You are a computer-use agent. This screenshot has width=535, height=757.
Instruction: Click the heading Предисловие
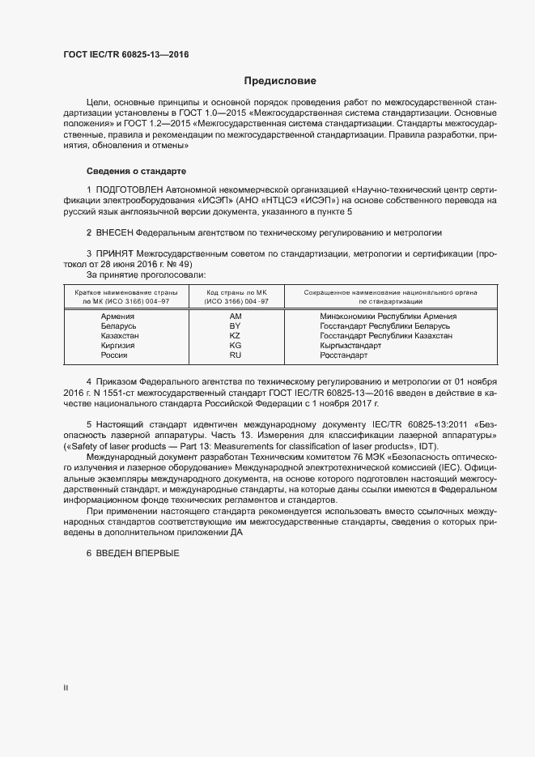point(281,81)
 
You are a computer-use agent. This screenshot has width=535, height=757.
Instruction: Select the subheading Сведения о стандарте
point(136,172)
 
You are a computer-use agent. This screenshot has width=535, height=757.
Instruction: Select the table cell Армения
point(117,317)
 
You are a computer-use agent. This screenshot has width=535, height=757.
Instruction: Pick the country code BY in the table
point(236,326)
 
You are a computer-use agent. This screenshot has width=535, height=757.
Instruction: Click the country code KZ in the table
point(236,336)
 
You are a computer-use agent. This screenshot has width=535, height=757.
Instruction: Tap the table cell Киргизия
point(117,346)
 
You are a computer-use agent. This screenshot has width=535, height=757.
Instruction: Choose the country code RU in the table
point(236,355)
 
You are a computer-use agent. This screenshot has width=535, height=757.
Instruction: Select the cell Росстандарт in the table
point(344,355)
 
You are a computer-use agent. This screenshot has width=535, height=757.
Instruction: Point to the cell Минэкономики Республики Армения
point(389,317)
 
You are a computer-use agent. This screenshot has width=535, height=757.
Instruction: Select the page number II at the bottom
point(66,688)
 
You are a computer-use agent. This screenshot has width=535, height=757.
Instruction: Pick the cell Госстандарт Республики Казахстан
point(386,336)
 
